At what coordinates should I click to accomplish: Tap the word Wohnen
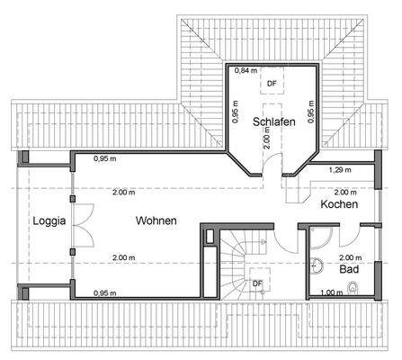pos(156,220)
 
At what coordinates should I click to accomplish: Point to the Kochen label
pos(339,205)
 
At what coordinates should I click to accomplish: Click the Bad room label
pos(349,268)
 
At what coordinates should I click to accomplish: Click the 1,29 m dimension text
pos(339,169)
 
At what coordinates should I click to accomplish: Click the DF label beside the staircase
pos(257,283)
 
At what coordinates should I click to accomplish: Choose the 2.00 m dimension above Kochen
pos(343,192)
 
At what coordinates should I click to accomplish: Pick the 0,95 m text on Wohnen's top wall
pos(106,158)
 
